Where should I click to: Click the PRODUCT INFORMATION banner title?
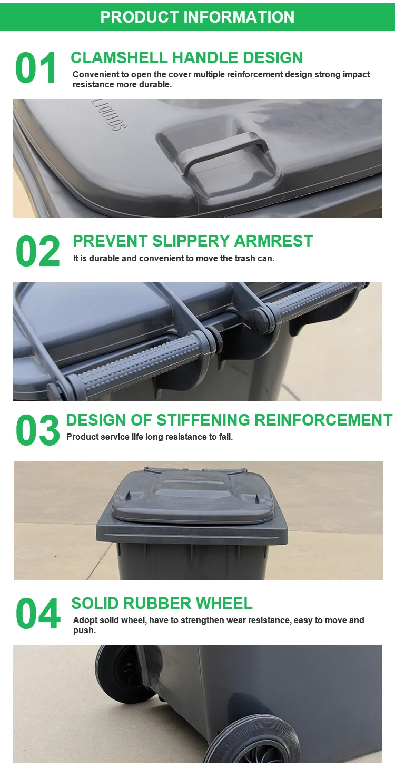[197, 17]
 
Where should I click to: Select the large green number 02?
[38, 252]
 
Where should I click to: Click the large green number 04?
[38, 614]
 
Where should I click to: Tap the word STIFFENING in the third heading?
[203, 420]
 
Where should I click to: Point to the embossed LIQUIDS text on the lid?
[108, 113]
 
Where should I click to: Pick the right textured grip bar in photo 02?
[316, 300]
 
